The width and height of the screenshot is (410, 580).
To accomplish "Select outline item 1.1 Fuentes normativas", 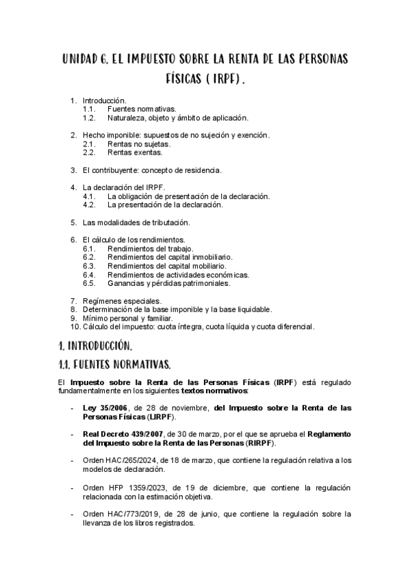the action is (142, 109).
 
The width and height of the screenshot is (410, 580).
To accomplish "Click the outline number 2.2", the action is (88, 153).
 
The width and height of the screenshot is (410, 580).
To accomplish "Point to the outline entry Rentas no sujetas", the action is (139, 144).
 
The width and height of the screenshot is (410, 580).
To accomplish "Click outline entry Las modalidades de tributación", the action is (136, 222).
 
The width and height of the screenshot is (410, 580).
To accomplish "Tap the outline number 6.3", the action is (88, 265).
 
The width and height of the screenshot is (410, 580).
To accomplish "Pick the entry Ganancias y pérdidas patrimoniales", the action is (169, 282).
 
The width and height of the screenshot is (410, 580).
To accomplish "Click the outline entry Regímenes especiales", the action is (122, 301).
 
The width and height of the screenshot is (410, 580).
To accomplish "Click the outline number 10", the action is (75, 327).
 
